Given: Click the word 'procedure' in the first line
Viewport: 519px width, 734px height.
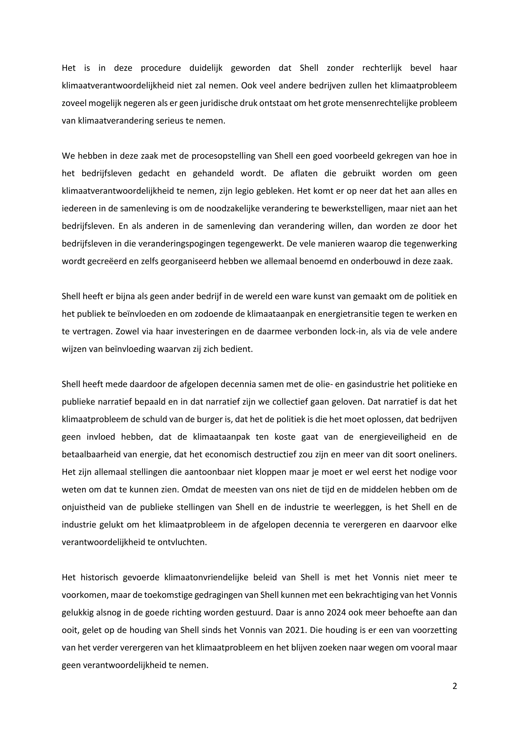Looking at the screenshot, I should (161, 68).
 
